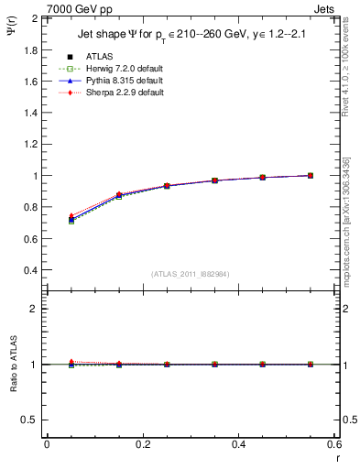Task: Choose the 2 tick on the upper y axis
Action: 35,18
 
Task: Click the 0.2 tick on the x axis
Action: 142,444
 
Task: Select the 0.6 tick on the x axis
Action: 334,444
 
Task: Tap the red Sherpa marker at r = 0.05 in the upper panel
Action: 71,215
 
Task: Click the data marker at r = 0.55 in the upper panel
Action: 311,175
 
